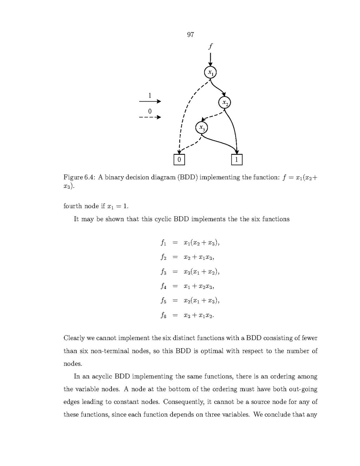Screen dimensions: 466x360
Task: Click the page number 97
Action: coord(190,35)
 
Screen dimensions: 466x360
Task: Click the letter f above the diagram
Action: coord(210,46)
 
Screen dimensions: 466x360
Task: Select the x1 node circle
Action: coord(210,72)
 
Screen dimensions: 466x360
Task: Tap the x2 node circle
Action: coord(225,102)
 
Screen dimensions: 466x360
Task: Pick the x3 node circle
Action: coord(201,128)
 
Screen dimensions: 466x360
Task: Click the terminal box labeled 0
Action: coord(179,159)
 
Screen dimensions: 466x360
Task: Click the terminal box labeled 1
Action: coord(237,159)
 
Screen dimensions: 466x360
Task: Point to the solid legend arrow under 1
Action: coord(150,102)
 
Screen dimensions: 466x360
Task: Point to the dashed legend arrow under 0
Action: coord(150,117)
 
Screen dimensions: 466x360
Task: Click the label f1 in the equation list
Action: coord(163,243)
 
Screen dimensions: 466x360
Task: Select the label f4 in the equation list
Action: coord(163,287)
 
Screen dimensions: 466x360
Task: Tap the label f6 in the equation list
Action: coord(163,315)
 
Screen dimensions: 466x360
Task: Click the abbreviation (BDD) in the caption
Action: coord(187,177)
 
